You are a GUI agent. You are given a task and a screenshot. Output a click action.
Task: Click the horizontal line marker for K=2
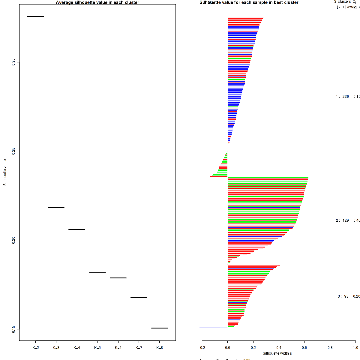point(35,16)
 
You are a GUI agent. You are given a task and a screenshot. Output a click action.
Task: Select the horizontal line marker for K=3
point(56,208)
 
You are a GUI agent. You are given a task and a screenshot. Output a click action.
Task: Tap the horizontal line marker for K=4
point(77,229)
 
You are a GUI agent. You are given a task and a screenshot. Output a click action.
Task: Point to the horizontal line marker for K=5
point(97,273)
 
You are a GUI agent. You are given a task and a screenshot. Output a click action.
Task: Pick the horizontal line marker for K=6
point(118,278)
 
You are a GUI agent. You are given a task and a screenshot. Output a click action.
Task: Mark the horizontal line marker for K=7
point(139,298)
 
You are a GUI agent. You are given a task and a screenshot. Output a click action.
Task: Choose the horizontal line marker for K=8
point(160,328)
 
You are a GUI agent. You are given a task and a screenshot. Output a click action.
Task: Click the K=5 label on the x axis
point(97,348)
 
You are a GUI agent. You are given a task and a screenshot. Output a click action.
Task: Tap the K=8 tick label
point(160,348)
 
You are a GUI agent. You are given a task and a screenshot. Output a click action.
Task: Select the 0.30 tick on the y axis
point(13,62)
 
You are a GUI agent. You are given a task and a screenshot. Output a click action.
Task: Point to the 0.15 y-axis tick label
point(13,329)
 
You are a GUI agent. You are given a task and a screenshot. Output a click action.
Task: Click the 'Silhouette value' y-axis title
point(5,172)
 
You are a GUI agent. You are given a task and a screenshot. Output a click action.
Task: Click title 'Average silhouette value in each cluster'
point(97,2)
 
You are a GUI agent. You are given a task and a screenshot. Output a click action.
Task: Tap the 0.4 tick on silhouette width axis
point(279,348)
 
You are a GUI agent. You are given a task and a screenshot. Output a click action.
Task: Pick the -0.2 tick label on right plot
point(202,348)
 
